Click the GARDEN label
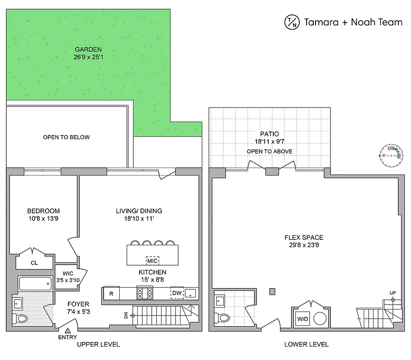[88, 49]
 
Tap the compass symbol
[390, 155]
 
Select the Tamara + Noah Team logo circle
[291, 22]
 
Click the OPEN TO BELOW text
[66, 137]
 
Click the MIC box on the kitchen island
[152, 261]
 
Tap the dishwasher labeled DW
[176, 293]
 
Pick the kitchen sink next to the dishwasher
[191, 293]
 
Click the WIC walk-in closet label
[68, 273]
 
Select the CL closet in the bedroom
[34, 263]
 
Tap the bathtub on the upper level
[35, 284]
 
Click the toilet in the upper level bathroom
[20, 319]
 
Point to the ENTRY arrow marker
[68, 331]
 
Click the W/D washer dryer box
[302, 319]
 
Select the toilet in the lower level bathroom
[222, 318]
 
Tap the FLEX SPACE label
[303, 238]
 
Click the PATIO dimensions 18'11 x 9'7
[269, 141]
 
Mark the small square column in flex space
[272, 292]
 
